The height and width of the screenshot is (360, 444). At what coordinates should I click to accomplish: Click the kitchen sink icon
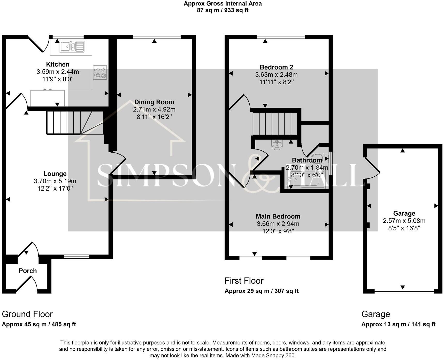72,47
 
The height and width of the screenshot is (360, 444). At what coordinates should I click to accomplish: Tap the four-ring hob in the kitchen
100,72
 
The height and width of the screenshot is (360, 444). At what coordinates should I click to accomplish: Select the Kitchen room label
58,64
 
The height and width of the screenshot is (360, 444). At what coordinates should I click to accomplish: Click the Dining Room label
154,102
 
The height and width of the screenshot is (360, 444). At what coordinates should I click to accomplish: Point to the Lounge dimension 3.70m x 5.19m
55,181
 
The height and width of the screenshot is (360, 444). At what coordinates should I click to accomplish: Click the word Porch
28,271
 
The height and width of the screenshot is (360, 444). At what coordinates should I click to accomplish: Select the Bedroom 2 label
276,67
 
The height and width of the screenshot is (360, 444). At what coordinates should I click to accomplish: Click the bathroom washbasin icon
277,144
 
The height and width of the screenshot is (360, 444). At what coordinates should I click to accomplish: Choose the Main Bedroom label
278,216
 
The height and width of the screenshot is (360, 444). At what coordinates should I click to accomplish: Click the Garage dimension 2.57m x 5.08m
404,221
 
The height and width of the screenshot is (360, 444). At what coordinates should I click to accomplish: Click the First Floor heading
244,281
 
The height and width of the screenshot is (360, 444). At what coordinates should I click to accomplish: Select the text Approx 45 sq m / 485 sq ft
39,324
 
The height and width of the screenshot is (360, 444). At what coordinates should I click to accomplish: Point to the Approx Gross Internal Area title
223,4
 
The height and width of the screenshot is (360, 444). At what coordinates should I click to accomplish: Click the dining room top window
157,37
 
